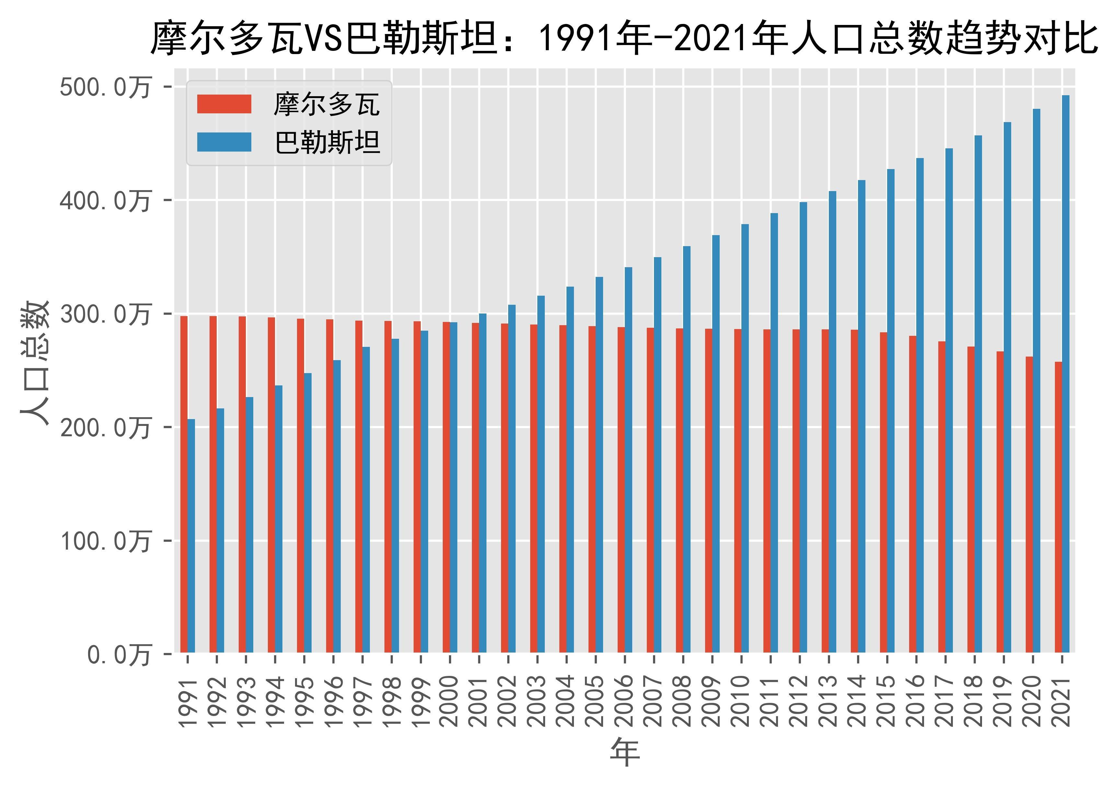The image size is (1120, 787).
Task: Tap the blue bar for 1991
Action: click(191, 535)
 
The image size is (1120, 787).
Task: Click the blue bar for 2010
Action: click(745, 438)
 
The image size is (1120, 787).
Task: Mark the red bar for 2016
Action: click(913, 494)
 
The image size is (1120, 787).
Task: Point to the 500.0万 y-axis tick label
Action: click(105, 88)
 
